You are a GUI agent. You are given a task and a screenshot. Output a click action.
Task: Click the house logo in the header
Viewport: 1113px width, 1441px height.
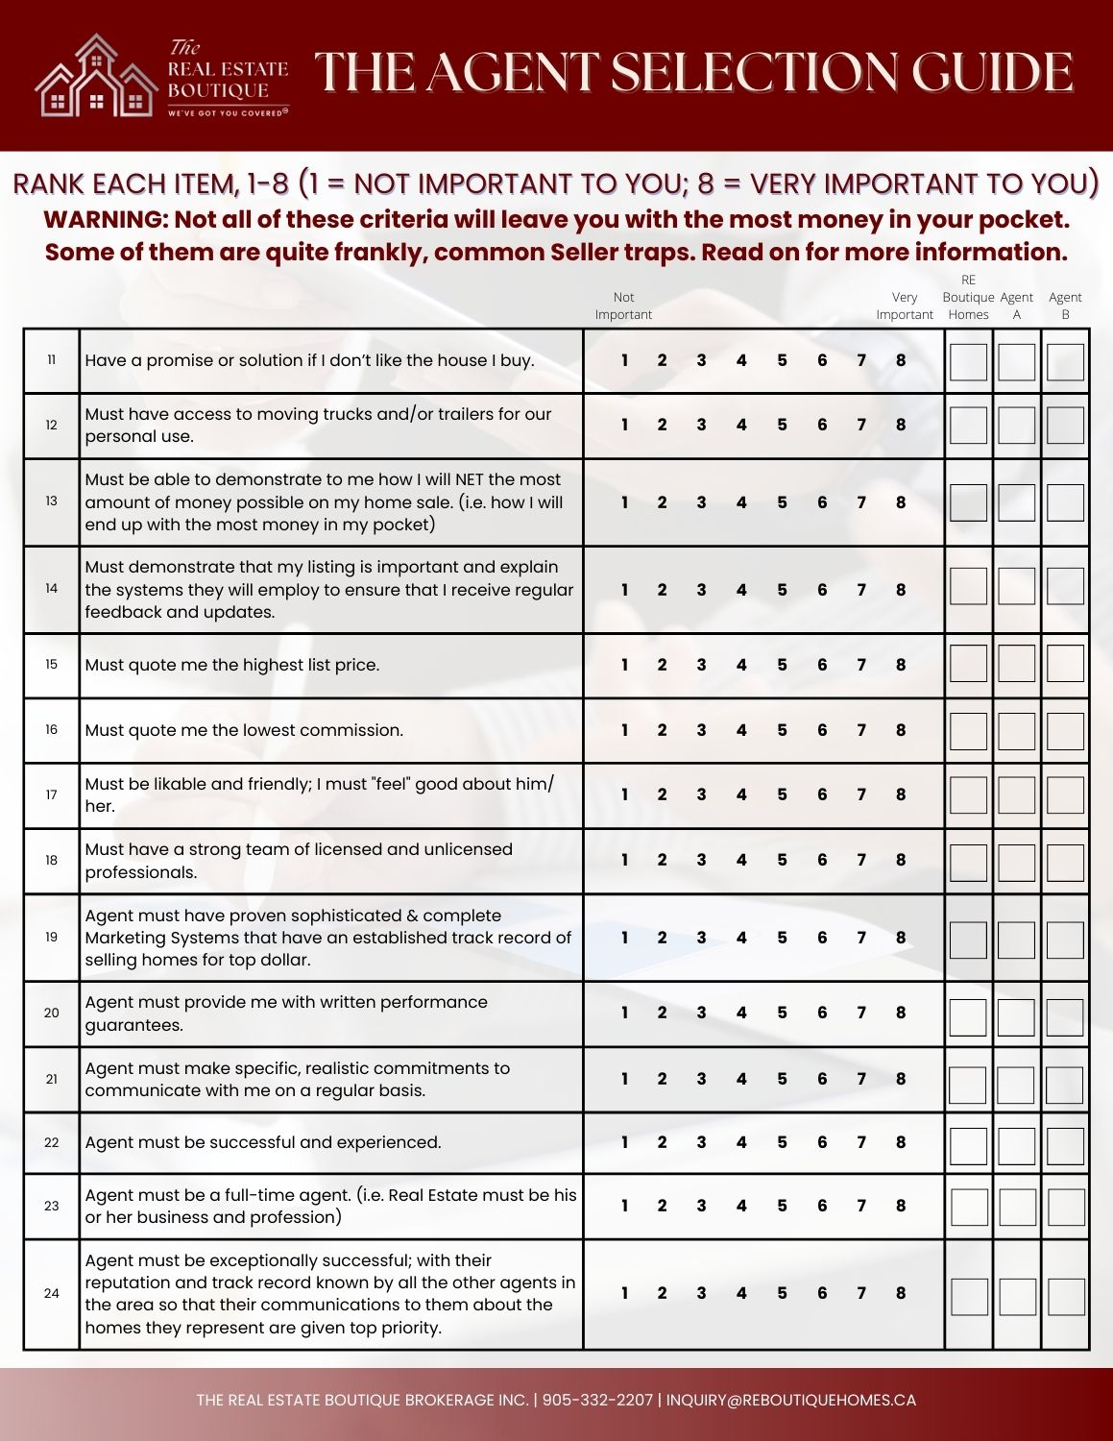[96, 77]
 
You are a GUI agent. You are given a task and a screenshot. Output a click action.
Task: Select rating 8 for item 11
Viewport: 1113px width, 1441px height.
[901, 361]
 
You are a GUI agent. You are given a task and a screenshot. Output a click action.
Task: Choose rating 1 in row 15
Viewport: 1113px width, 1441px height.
[624, 665]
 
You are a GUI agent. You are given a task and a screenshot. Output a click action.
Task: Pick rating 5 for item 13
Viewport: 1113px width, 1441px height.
[782, 502]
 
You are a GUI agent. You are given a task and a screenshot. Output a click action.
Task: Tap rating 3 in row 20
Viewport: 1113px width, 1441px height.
[701, 1013]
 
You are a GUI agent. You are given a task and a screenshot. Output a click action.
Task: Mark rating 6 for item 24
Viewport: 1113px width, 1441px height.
[822, 1293]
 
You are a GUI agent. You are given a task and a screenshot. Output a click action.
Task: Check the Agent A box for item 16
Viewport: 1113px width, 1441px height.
[1016, 731]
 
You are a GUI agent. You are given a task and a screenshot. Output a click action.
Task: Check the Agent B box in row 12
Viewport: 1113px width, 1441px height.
[1065, 426]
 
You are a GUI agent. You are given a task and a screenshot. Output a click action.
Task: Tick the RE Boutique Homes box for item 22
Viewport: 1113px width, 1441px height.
[968, 1145]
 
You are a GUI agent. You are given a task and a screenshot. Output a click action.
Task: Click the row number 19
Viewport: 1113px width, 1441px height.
[52, 937]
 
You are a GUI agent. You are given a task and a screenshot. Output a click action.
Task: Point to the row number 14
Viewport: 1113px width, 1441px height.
[52, 589]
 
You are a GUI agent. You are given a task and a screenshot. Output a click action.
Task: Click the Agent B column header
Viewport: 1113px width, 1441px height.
[1065, 305]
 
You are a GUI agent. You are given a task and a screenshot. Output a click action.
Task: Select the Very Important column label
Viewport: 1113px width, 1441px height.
[904, 305]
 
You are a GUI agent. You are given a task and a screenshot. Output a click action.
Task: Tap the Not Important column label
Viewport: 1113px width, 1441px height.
[623, 305]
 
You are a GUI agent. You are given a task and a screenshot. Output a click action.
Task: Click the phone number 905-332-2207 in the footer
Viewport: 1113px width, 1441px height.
[597, 1400]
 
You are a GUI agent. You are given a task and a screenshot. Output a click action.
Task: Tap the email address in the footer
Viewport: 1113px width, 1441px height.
[791, 1400]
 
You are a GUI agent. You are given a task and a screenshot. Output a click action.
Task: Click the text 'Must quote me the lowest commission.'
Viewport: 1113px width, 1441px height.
[244, 730]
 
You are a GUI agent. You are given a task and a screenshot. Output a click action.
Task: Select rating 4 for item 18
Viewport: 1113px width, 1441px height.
[741, 860]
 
